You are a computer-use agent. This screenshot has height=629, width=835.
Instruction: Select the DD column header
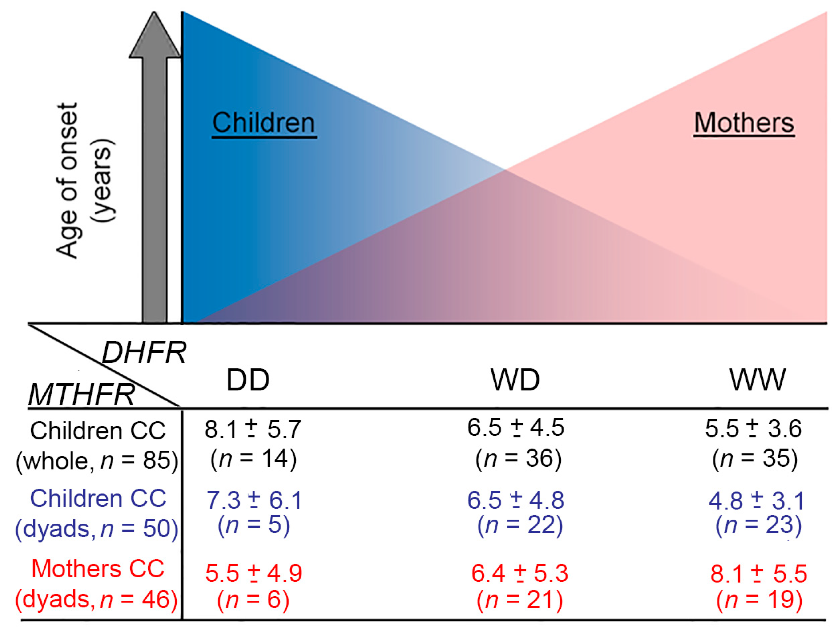[248, 380]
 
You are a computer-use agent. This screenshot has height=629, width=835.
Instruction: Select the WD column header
[515, 380]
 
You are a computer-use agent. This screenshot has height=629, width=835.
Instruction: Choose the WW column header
[757, 380]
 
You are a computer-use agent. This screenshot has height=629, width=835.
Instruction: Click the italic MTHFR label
[82, 395]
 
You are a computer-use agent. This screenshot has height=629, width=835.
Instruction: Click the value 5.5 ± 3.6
[753, 429]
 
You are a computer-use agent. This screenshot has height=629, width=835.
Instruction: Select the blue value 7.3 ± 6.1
[254, 500]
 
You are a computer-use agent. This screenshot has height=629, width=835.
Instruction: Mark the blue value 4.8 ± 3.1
[756, 501]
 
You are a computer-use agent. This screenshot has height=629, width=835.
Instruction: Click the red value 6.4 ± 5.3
[519, 573]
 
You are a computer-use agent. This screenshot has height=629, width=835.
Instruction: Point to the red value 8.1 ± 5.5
[758, 574]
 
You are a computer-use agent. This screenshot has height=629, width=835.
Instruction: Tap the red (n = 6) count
[253, 599]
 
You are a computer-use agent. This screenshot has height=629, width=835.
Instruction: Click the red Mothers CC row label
[98, 569]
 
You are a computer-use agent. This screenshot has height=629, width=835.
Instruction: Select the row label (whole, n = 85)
[97, 461]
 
